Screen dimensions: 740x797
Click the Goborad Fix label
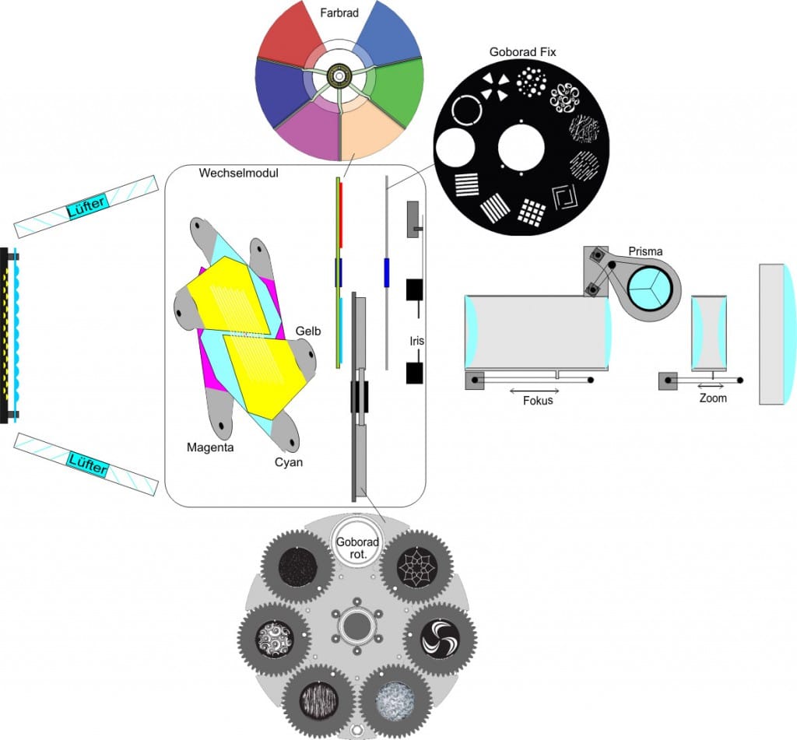coord(521,52)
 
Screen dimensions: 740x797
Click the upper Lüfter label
coord(86,207)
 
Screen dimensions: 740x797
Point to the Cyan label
coord(287,462)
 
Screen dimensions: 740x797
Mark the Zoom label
coord(713,398)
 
